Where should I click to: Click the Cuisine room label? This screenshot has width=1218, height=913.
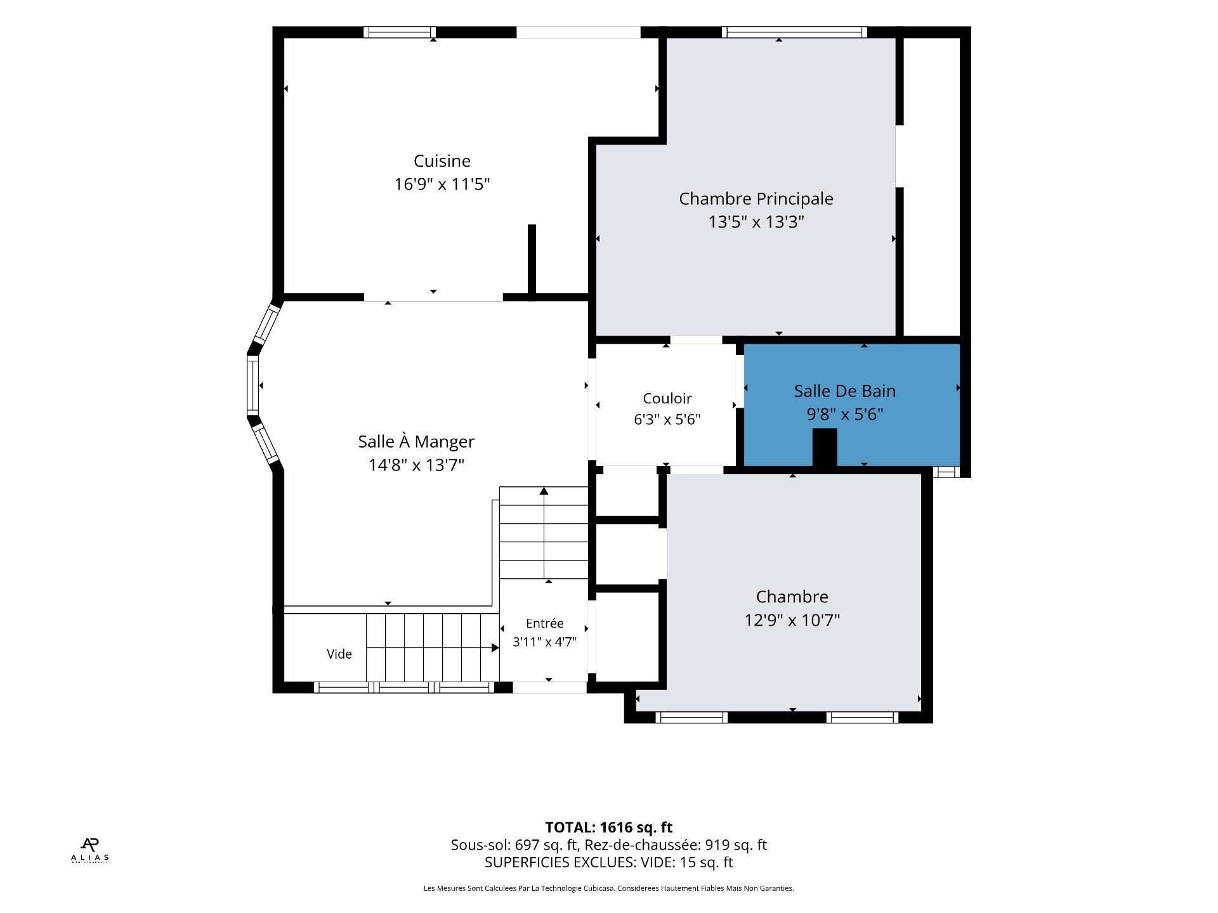[442, 161]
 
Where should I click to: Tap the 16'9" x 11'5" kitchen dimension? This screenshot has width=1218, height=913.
[442, 185]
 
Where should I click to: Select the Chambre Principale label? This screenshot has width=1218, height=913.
[756, 199]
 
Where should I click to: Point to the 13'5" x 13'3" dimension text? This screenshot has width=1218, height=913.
[756, 222]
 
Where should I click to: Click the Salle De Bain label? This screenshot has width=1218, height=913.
[845, 391]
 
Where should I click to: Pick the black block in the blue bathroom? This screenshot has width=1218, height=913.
[825, 448]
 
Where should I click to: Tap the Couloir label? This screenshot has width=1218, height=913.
[667, 399]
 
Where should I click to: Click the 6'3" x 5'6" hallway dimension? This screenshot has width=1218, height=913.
[667, 420]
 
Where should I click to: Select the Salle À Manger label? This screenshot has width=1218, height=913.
[416, 441]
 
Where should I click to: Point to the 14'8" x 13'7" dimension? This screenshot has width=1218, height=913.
[416, 465]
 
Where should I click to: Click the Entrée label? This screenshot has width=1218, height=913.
[545, 623]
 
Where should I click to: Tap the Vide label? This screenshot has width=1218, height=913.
[339, 654]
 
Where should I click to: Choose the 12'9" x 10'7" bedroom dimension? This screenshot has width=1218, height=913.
[792, 620]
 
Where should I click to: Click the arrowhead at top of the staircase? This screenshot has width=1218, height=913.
[544, 491]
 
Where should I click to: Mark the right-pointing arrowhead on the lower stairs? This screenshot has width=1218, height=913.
[495, 648]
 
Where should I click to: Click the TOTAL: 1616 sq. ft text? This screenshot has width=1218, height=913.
[609, 827]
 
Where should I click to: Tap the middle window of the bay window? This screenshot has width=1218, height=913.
[253, 385]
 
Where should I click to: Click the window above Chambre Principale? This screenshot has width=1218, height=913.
[794, 32]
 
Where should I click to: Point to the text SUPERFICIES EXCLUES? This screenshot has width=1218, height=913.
[560, 862]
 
